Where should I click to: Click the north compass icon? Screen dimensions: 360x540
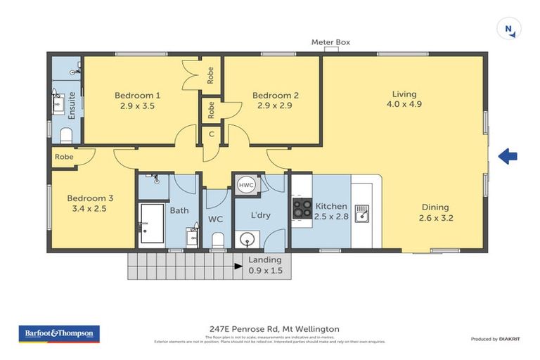coord(508,29)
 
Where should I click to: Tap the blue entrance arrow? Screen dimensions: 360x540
coord(508,157)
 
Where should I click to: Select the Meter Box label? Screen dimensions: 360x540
coord(330,43)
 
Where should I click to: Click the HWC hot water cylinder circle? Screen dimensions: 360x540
coord(246,185)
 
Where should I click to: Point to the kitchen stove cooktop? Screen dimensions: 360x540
coord(302,208)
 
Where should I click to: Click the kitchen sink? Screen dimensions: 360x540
coord(362,212)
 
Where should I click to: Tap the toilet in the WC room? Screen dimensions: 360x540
coord(217,241)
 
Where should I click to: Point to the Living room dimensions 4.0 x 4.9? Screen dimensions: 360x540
coord(404,104)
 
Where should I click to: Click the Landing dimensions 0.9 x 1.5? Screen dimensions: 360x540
coord(266,270)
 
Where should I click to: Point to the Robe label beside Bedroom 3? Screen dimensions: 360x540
coord(63,157)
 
